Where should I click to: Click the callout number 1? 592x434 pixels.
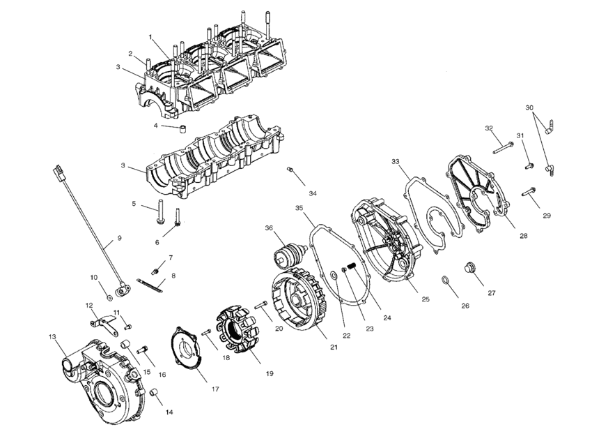[x=149, y=36]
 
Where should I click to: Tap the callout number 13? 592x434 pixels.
[x=52, y=337]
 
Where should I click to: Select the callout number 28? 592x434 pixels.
[x=523, y=236]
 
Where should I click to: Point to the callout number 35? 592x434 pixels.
[x=299, y=208]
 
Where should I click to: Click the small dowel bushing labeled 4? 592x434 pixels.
[x=184, y=130]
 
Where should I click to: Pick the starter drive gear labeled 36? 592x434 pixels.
[x=289, y=252]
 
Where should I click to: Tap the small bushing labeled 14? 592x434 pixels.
[x=156, y=399]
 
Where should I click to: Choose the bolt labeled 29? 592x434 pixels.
[x=531, y=190]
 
